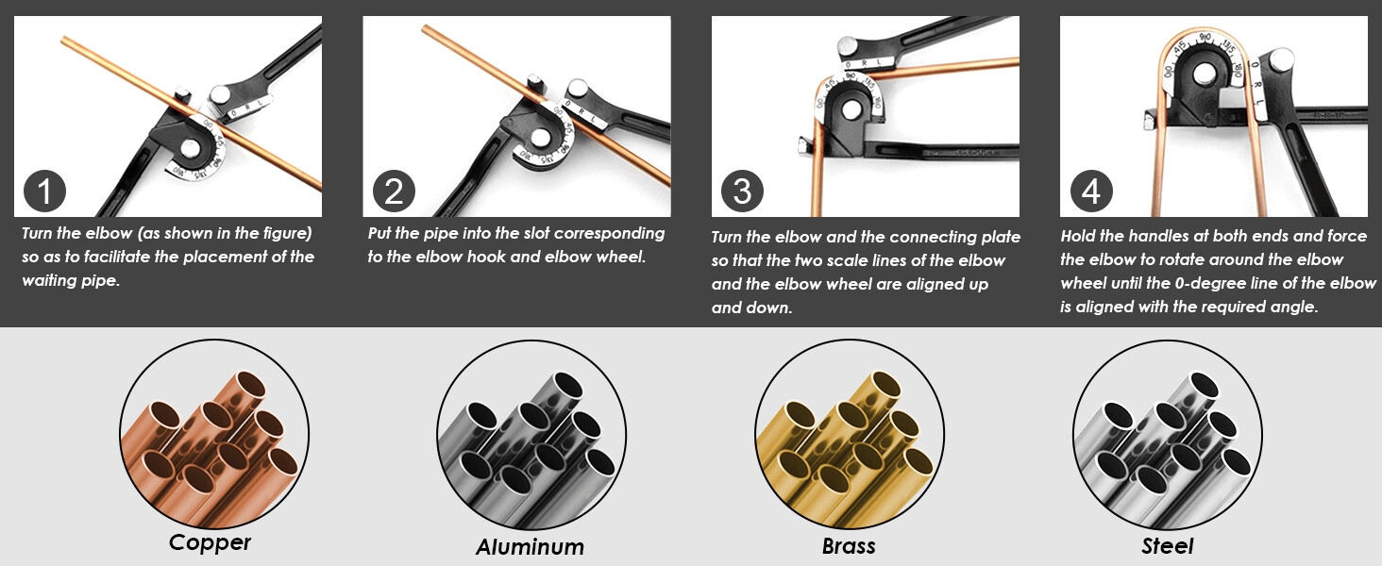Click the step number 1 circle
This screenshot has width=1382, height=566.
(x=44, y=191)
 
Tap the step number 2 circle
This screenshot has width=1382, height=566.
(x=394, y=191)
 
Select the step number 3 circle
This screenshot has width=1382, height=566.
(x=742, y=191)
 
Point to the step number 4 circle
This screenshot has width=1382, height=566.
(x=1091, y=191)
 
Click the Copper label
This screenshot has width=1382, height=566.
(x=210, y=542)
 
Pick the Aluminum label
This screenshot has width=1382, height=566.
(x=530, y=546)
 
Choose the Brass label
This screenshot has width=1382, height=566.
(x=849, y=545)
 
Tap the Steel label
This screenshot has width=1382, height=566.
(x=1168, y=545)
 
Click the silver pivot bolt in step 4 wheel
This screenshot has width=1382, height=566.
(x=1205, y=74)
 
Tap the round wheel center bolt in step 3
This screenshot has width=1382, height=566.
(x=852, y=109)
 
